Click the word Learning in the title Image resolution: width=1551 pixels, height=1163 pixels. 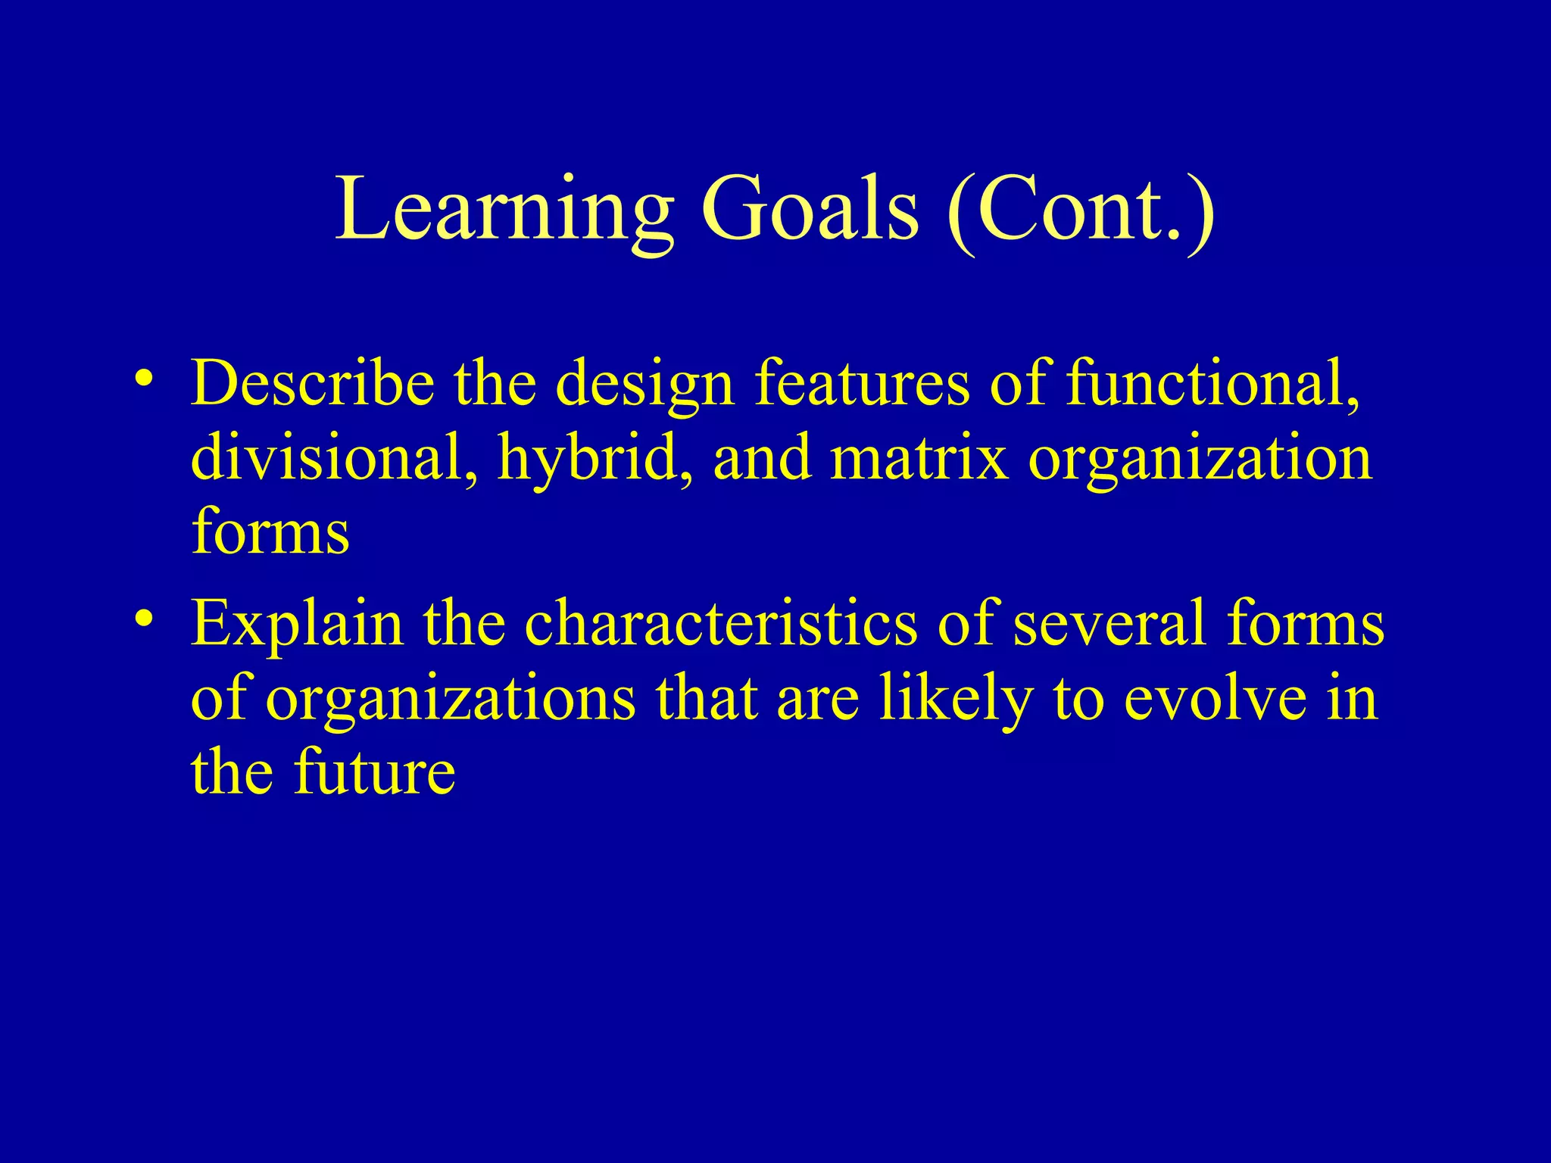[504, 210]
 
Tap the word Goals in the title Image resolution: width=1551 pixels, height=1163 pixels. [810, 210]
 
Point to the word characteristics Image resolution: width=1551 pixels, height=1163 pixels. [720, 622]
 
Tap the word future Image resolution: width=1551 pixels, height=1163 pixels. [375, 772]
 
